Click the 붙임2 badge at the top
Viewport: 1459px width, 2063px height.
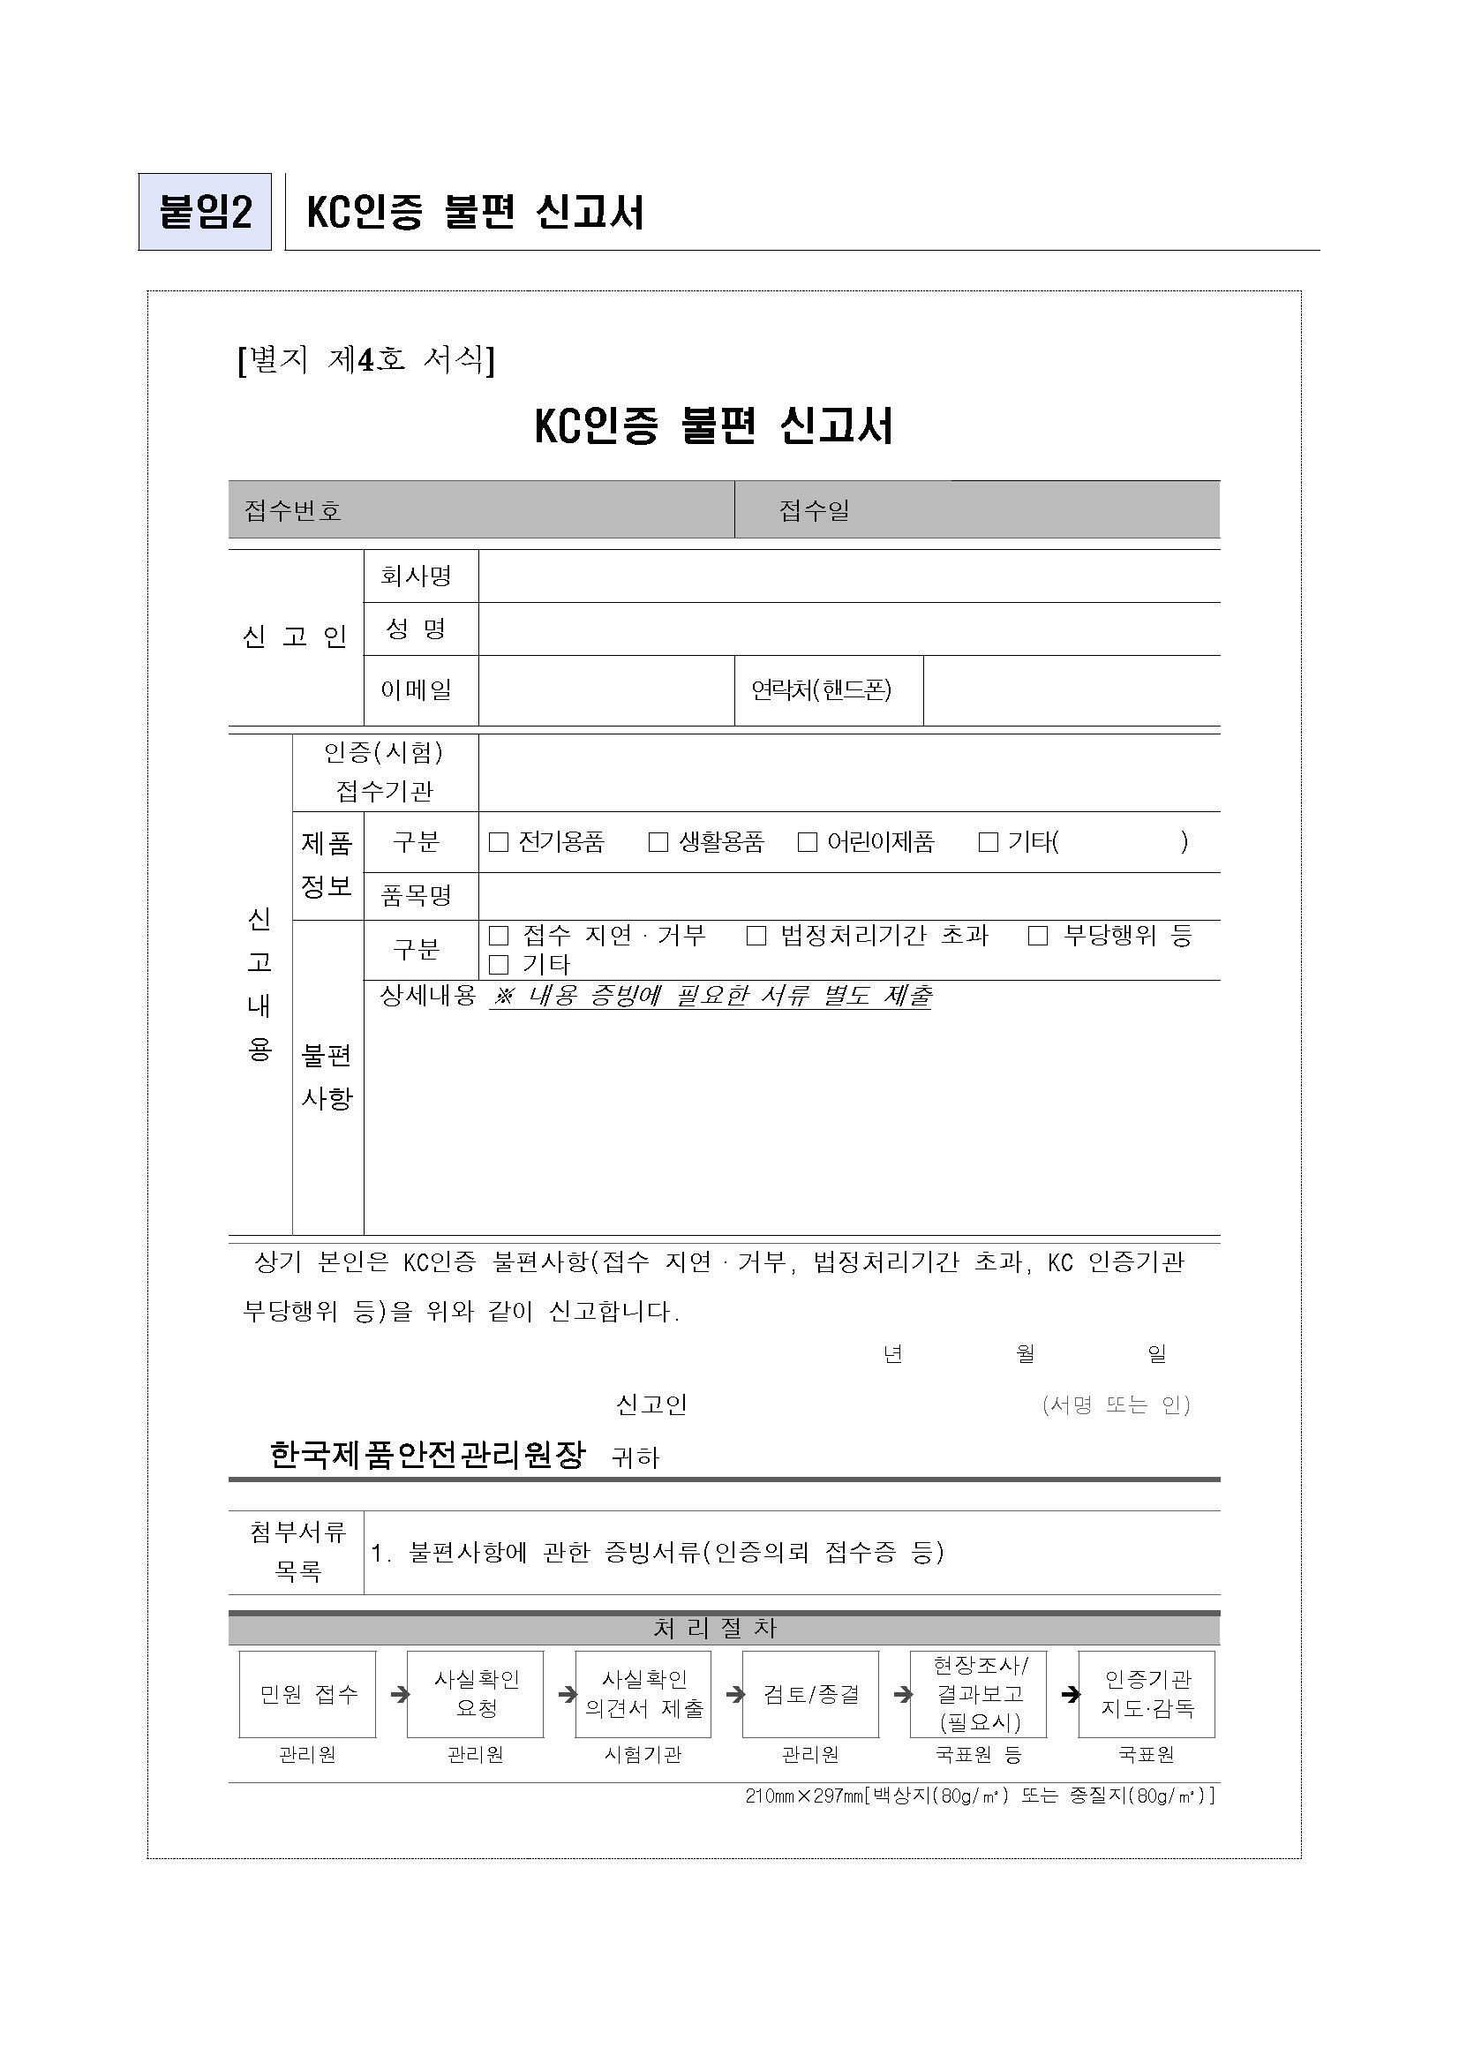click(205, 212)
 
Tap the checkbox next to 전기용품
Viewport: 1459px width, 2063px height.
click(499, 842)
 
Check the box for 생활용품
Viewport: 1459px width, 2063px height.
click(658, 842)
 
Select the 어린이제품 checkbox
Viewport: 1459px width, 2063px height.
click(808, 842)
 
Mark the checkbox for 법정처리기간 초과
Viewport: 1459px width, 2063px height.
click(756, 937)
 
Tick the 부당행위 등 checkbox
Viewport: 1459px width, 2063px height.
click(1039, 937)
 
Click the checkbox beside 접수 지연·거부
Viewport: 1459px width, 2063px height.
click(499, 937)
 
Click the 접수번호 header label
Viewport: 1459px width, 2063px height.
click(294, 510)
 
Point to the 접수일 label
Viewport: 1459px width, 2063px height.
click(814, 510)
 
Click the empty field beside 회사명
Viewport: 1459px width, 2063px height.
click(848, 576)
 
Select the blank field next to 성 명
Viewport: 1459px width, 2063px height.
click(848, 629)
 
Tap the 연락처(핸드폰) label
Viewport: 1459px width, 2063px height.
click(822, 690)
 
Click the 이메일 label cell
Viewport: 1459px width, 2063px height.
click(417, 690)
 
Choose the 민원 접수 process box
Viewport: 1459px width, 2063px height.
click(307, 1694)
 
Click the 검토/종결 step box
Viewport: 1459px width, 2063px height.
click(811, 1694)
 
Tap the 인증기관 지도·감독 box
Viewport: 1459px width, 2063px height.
click(1147, 1694)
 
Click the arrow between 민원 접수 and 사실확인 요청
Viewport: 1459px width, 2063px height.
click(400, 1695)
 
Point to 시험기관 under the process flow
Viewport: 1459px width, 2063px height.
click(643, 1754)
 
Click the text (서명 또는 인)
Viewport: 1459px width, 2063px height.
click(1116, 1404)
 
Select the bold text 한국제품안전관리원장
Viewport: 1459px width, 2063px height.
click(427, 1454)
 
